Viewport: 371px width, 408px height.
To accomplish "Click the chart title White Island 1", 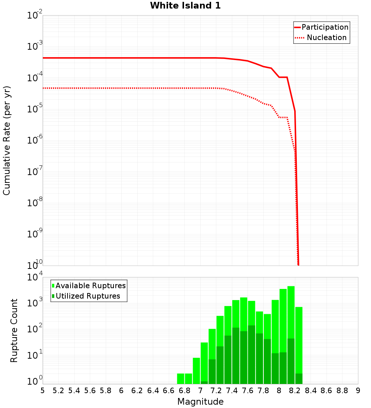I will pos(185,6).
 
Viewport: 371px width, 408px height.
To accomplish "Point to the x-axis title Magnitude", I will pos(200,402).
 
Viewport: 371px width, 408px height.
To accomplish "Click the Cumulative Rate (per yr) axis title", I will pos(7,140).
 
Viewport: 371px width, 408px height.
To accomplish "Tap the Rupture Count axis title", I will pos(14,330).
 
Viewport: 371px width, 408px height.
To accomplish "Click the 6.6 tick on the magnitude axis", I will pos(169,391).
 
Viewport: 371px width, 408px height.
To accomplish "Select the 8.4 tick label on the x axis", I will pos(311,391).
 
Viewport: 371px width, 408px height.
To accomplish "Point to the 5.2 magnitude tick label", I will pos(58,391).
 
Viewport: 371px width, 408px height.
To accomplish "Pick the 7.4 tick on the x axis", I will pos(232,391).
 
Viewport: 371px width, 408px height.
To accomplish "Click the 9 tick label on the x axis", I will pos(358,391).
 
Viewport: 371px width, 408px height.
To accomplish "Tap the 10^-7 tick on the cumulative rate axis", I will pos(34,172).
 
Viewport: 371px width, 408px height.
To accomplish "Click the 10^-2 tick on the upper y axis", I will pos(34,16).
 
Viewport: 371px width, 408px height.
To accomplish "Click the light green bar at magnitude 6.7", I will pos(181,378).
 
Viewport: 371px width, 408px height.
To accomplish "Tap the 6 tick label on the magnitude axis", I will pos(121,391).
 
